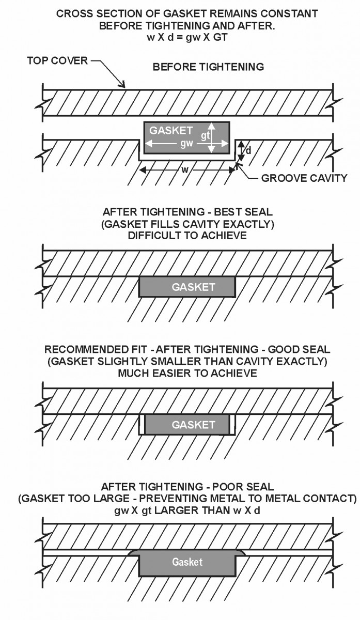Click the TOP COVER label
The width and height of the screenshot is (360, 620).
(x=56, y=61)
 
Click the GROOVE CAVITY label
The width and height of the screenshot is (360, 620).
(x=304, y=179)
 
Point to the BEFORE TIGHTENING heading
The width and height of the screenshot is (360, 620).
(x=208, y=67)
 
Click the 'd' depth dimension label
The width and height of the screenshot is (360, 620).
(x=248, y=151)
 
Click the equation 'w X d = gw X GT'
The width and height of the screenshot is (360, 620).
(x=187, y=37)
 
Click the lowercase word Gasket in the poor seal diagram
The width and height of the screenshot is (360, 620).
(x=187, y=562)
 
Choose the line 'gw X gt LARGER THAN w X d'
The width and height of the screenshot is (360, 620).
(x=187, y=510)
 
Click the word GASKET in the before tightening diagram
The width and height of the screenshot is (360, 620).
(x=170, y=131)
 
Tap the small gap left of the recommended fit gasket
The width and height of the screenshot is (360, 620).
(x=142, y=425)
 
